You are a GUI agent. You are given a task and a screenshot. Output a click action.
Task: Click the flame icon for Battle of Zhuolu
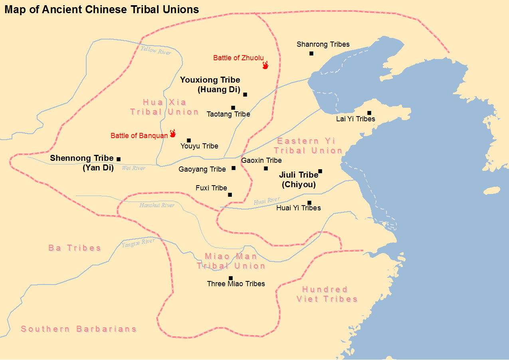tap(265, 65)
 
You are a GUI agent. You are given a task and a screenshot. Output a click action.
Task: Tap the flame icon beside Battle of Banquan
tap(173, 133)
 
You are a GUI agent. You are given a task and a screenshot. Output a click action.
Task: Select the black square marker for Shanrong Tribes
tap(311, 53)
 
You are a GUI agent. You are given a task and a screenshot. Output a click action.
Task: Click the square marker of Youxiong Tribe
tap(245, 95)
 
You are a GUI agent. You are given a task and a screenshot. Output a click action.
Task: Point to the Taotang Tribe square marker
tap(233, 108)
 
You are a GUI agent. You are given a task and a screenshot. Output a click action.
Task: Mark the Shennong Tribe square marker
tap(119, 159)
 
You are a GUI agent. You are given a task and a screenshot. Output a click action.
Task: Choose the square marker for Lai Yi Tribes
tap(369, 113)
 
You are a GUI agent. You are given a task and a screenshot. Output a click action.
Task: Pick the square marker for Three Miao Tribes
tap(230, 278)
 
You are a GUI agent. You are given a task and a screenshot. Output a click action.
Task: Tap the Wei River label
tap(134, 168)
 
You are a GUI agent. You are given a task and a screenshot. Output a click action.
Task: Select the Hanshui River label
tap(157, 205)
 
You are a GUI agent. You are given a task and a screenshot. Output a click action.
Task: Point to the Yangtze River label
tap(138, 242)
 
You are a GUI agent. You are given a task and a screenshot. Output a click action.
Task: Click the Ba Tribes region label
tap(75, 248)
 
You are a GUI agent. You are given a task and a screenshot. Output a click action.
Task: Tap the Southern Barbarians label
tap(79, 329)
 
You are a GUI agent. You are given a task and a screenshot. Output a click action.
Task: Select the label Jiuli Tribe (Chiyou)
tap(299, 180)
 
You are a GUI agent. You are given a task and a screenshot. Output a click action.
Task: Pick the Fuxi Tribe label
tap(211, 188)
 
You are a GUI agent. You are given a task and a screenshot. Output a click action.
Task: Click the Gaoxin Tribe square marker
tap(266, 168)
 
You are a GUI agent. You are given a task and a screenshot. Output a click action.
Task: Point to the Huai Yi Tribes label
tap(298, 208)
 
